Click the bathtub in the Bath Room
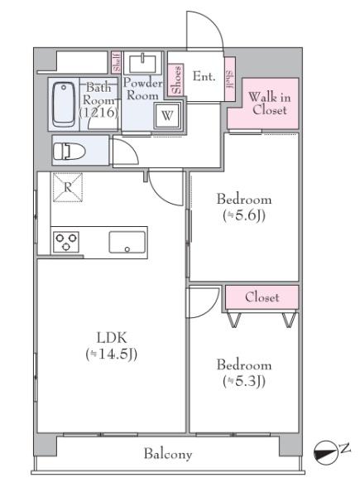click(64, 104)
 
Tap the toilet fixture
click(70, 152)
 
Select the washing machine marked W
click(167, 115)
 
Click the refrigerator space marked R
click(68, 187)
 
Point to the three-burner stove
click(66, 242)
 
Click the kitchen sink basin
click(127, 242)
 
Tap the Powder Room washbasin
click(142, 64)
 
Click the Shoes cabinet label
click(176, 80)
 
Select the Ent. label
click(204, 76)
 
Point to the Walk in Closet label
click(270, 104)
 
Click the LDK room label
click(112, 338)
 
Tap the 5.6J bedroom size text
click(244, 216)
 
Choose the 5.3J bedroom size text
click(244, 381)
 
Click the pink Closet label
click(262, 297)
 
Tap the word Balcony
click(168, 454)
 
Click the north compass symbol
click(325, 451)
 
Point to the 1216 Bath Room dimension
click(98, 113)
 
